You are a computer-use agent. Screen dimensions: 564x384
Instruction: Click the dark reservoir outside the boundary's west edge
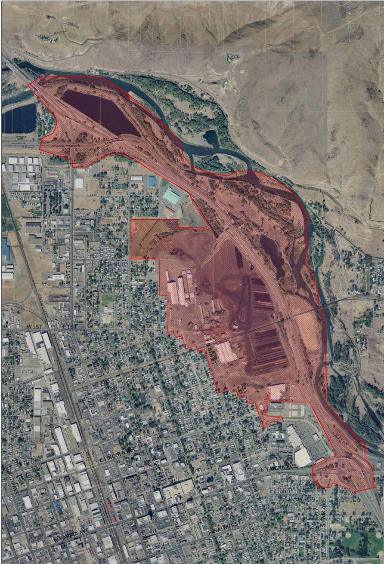[x=19, y=118]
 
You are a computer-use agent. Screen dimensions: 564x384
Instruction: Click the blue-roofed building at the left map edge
[x=6, y=250]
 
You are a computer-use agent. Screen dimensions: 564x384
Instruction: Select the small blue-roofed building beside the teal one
[x=152, y=182]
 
